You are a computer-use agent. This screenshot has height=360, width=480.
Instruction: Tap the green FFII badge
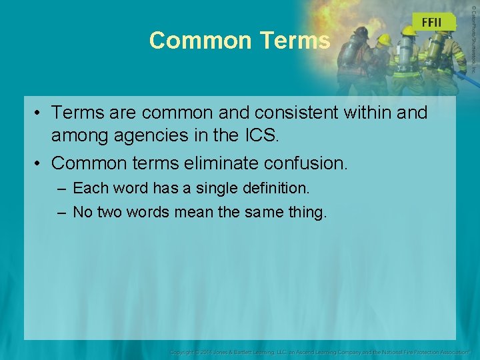(x=431, y=22)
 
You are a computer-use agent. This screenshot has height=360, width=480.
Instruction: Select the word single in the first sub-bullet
(x=229, y=189)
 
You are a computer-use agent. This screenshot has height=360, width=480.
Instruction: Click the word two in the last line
(x=113, y=213)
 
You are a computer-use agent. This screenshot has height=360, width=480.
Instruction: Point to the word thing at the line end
(x=307, y=213)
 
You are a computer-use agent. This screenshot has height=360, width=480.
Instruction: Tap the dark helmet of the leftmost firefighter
(x=361, y=33)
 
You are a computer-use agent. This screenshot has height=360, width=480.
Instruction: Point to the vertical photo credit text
(x=473, y=37)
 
